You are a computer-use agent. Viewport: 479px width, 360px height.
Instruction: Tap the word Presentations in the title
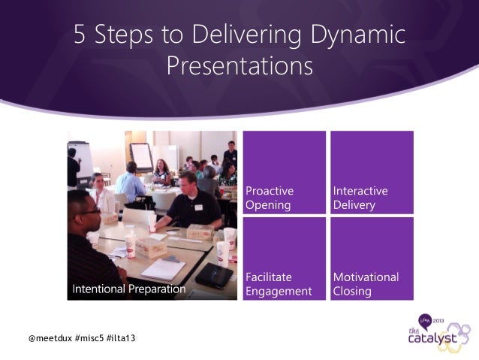pyautogui.click(x=239, y=66)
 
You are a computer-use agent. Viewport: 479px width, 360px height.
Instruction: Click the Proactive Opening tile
pyautogui.click(x=284, y=172)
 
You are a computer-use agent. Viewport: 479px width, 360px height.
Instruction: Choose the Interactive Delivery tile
pyautogui.click(x=372, y=172)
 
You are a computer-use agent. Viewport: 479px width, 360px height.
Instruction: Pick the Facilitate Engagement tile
pyautogui.click(x=284, y=259)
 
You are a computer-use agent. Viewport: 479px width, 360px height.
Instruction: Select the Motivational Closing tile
pyautogui.click(x=372, y=259)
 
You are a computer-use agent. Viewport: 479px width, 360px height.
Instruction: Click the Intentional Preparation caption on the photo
pyautogui.click(x=128, y=289)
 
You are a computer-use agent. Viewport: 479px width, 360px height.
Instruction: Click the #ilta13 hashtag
pyautogui.click(x=122, y=338)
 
